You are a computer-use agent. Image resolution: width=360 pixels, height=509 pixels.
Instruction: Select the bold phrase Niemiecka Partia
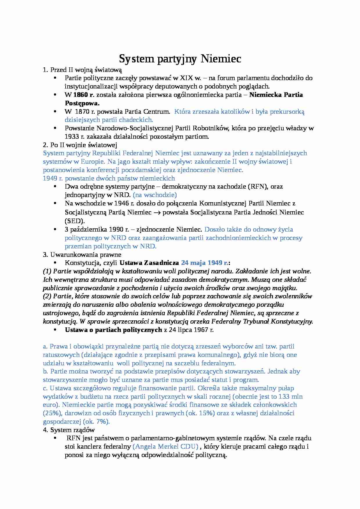coord(276,95)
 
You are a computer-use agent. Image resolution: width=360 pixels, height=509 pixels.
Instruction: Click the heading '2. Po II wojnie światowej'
coord(80,145)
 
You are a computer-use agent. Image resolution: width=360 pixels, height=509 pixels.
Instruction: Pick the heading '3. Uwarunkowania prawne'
coord(82,255)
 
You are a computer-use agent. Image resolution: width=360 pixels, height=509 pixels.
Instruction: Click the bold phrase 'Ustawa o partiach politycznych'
coord(113,330)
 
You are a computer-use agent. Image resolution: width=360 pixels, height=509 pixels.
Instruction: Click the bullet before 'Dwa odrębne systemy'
coord(55,187)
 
